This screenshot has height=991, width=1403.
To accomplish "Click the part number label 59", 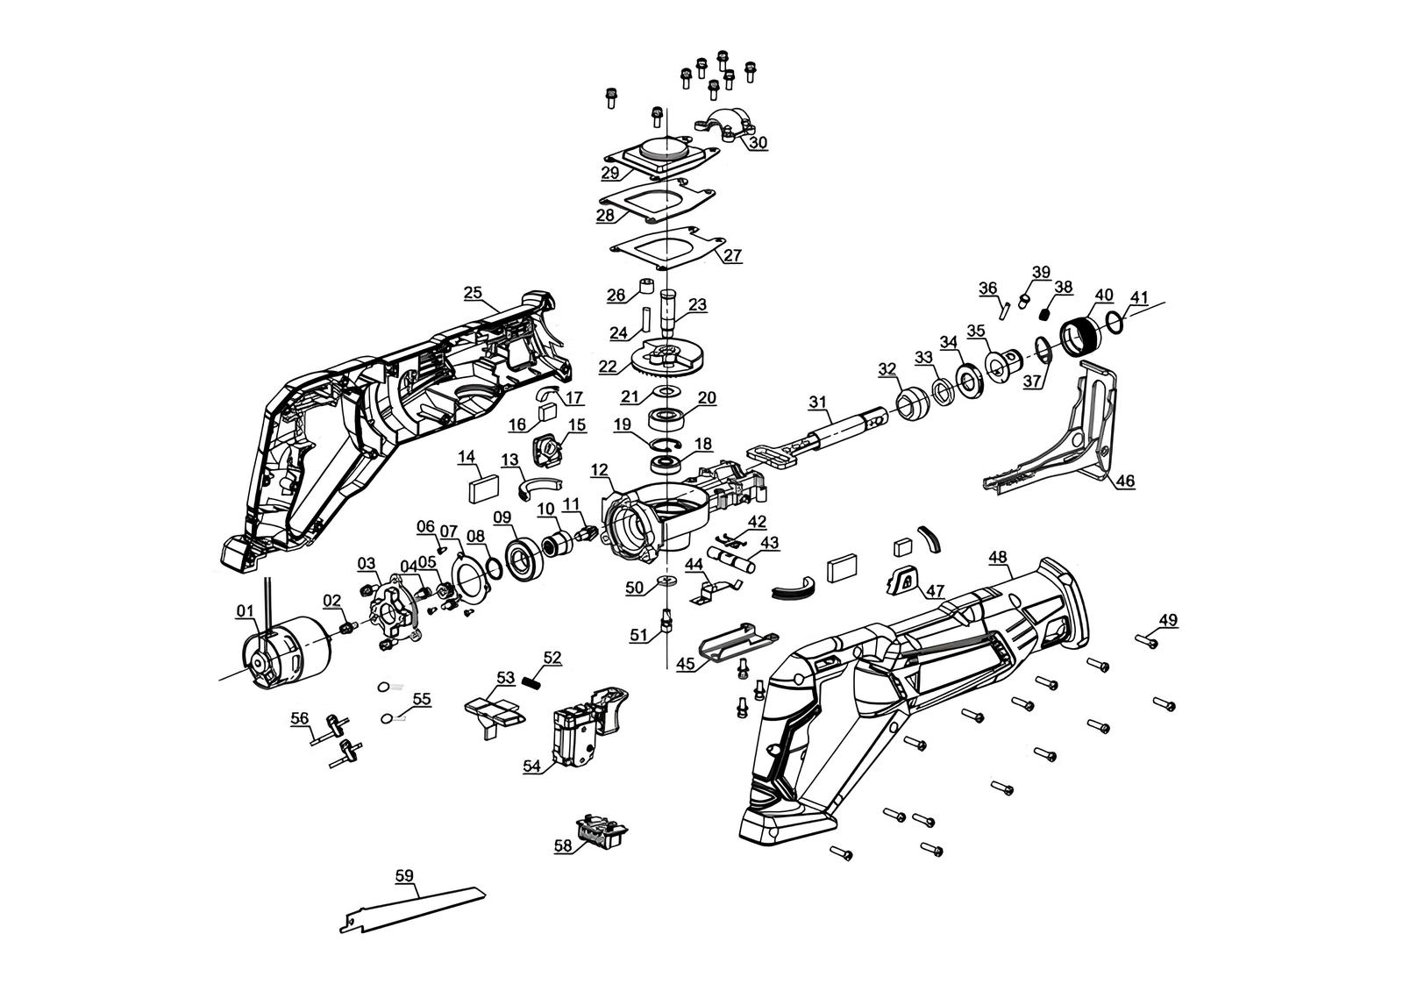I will point(404,875).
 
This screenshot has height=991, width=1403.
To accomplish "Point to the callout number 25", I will point(473,292).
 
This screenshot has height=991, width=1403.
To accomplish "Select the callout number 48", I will point(997,557).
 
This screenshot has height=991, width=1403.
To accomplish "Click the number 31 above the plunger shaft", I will point(817,402).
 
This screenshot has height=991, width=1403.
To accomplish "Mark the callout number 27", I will point(733,256).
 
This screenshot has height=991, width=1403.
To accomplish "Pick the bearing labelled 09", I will point(526,558).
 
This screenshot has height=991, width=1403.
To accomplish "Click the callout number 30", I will point(758,142).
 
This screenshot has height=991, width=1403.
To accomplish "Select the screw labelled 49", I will point(1147,641).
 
